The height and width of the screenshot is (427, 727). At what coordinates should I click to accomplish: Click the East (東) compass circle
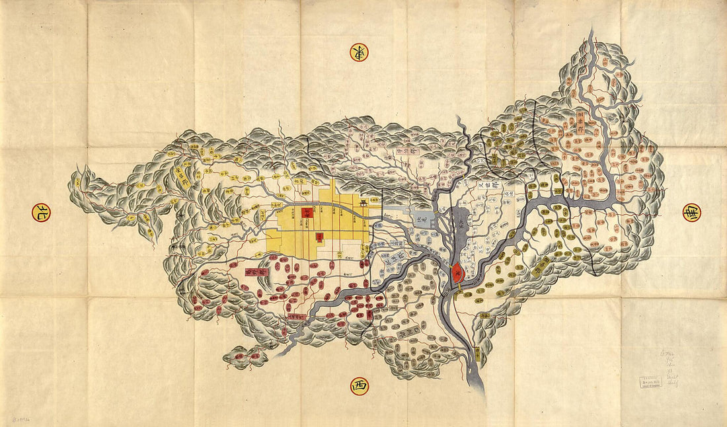click(359, 52)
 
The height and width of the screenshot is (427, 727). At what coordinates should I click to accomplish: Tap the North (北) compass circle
click(41, 212)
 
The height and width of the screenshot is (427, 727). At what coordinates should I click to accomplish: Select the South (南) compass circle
click(691, 212)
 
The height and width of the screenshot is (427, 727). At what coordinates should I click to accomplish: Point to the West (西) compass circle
click(359, 385)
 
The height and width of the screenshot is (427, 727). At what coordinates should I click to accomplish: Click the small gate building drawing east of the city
click(364, 202)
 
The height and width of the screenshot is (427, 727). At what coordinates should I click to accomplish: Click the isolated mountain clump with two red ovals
click(245, 357)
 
